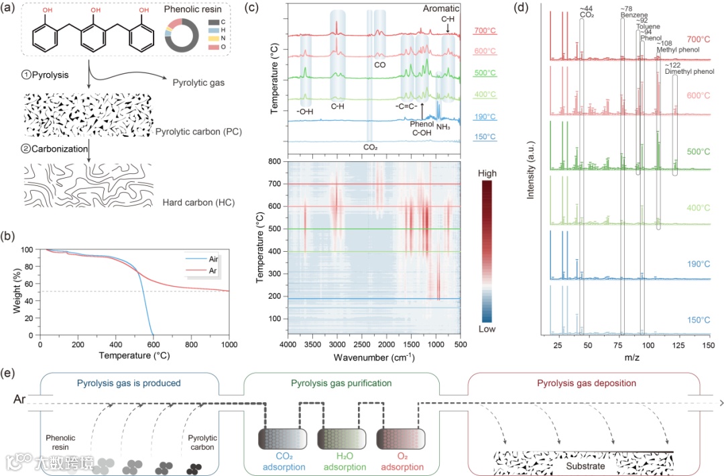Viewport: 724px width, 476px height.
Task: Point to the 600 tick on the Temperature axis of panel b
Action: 154,344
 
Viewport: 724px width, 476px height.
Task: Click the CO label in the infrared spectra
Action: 379,65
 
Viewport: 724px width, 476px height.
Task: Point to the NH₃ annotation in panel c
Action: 443,126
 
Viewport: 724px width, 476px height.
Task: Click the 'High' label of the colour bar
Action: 488,173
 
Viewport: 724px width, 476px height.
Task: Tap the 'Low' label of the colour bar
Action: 488,329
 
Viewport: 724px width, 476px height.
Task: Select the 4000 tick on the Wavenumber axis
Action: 289,344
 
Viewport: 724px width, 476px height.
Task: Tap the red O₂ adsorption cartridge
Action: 398,440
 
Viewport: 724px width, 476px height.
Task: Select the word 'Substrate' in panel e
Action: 586,466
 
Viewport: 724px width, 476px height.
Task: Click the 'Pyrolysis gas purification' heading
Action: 341,383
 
